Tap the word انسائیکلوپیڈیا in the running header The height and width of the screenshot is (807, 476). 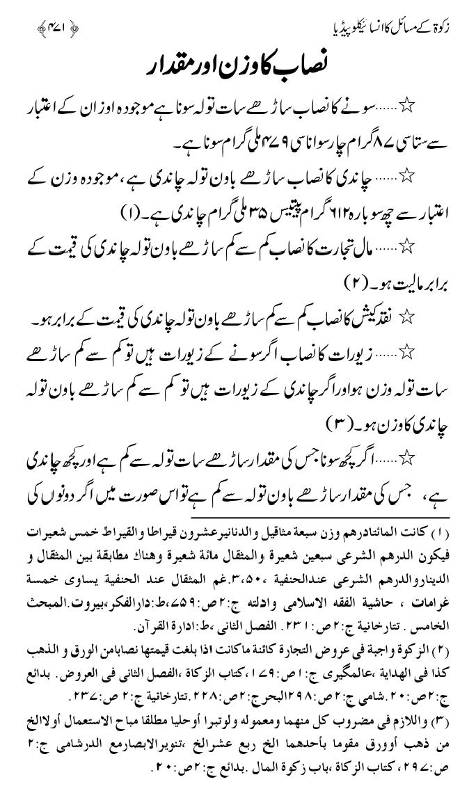356,29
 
